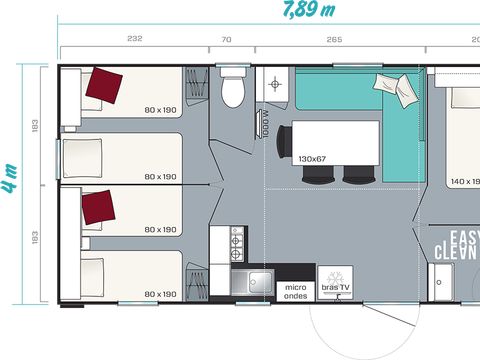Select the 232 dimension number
coord(135,39)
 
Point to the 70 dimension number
coord(227,39)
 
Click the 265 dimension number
coord(334,39)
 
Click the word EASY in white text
coord(464,237)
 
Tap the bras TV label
coord(334,289)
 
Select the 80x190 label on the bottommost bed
coord(159,294)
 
